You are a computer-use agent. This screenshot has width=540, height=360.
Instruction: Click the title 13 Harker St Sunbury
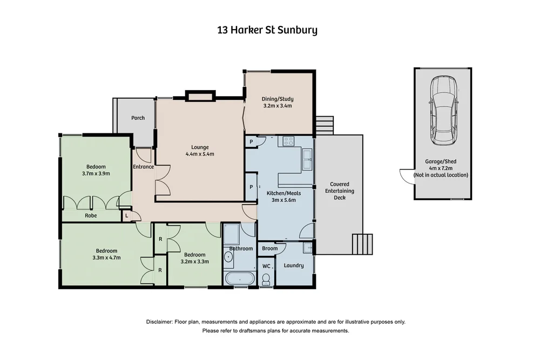[x=267, y=30]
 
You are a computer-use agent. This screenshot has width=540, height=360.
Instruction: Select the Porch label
[x=138, y=118]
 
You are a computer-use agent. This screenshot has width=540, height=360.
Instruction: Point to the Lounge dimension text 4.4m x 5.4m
[x=199, y=154]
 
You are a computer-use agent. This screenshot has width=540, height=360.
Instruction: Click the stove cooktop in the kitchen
[x=288, y=141]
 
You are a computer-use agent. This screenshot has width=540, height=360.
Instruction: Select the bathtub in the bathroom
[x=239, y=279]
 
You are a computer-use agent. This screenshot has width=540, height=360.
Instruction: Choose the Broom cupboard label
[x=269, y=248]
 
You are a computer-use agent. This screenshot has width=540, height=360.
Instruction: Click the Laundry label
[x=293, y=266]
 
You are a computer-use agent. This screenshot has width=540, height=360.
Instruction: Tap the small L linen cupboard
[x=126, y=216]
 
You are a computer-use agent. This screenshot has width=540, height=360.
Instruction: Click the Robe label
[x=91, y=216]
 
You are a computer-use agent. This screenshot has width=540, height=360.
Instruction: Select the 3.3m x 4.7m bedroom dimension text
[x=106, y=258]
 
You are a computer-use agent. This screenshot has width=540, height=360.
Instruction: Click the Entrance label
[x=143, y=167]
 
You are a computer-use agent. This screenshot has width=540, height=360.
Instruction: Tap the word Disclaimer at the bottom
[x=159, y=322]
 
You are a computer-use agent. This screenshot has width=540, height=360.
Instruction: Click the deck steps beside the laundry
[x=362, y=243]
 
